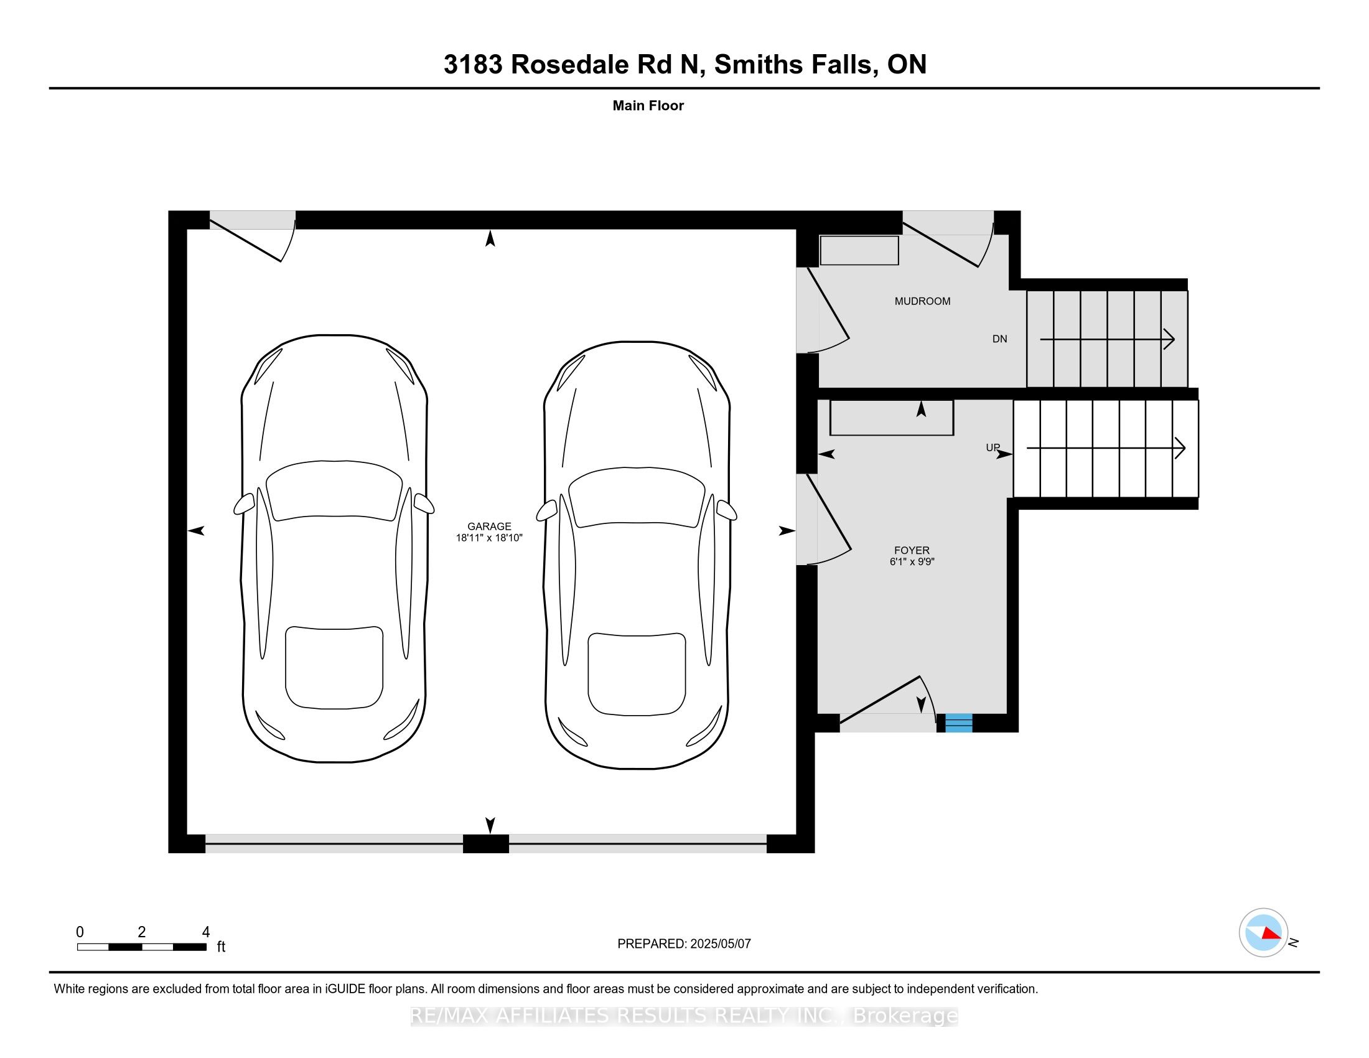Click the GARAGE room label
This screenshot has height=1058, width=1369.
pyautogui.click(x=489, y=527)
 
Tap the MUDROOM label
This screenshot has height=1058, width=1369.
pyautogui.click(x=922, y=301)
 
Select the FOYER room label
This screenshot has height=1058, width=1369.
pyautogui.click(x=912, y=550)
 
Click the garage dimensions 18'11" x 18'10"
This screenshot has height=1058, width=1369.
pyautogui.click(x=489, y=538)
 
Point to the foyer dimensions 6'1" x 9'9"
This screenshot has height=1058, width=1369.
pyautogui.click(x=912, y=561)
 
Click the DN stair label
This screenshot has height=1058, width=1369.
pyautogui.click(x=1000, y=339)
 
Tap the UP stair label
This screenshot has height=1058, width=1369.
pyautogui.click(x=993, y=447)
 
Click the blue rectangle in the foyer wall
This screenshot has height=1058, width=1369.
pyautogui.click(x=958, y=723)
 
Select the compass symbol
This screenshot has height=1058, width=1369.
pyautogui.click(x=1263, y=934)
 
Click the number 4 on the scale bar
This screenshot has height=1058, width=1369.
pyautogui.click(x=205, y=932)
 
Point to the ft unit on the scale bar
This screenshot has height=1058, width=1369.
pyautogui.click(x=221, y=947)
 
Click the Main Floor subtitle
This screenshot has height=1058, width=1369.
pyautogui.click(x=648, y=106)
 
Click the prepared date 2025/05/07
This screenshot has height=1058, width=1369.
pyautogui.click(x=720, y=943)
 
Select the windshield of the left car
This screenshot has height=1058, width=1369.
pyautogui.click(x=334, y=490)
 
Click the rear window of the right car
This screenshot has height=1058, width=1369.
pyautogui.click(x=637, y=674)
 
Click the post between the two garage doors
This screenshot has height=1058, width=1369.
pyautogui.click(x=486, y=844)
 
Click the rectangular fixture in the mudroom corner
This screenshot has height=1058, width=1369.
pyautogui.click(x=859, y=250)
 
